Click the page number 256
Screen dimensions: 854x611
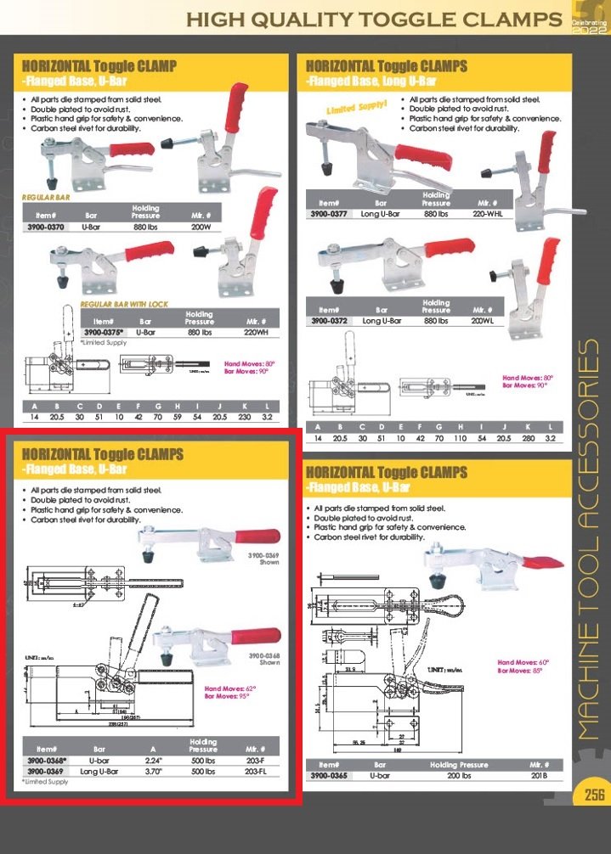point(593,795)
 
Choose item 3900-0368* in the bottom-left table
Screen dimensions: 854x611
point(45,762)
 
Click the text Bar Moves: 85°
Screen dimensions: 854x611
point(519,671)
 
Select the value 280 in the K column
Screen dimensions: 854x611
point(528,438)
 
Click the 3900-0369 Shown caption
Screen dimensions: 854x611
point(263,558)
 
